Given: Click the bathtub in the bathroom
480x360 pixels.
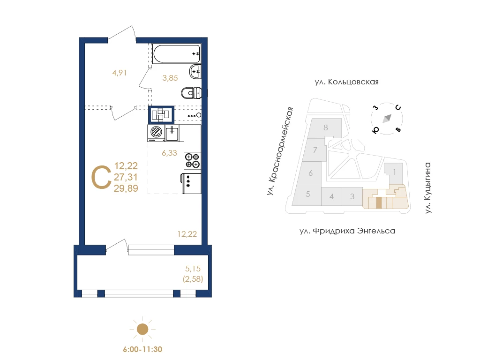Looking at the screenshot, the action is (x=177, y=54).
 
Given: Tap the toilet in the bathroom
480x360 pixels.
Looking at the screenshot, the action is (x=191, y=93).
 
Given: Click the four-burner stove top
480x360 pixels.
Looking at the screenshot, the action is (x=193, y=161).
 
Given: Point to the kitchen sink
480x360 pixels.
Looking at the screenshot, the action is (x=172, y=133).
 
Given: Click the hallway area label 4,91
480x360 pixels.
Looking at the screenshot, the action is (x=120, y=73).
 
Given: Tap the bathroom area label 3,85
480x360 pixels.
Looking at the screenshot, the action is (x=170, y=78).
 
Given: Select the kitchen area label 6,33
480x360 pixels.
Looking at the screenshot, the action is (x=169, y=153).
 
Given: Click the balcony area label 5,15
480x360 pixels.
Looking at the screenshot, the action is (x=193, y=269).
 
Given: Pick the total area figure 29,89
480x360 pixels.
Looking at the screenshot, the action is (x=126, y=188).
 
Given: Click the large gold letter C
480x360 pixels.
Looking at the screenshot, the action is (x=101, y=178).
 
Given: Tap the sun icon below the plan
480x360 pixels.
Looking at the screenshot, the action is (x=142, y=330).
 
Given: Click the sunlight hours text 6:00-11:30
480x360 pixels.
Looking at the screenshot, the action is (x=142, y=349).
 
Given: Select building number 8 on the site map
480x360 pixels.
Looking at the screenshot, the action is (x=326, y=127).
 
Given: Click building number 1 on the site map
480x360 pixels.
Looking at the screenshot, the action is (x=394, y=172).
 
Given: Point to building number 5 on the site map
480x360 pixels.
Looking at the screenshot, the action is (x=308, y=194).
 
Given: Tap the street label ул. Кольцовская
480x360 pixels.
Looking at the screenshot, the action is (x=346, y=82).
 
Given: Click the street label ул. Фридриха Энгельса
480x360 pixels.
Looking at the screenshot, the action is (x=347, y=231).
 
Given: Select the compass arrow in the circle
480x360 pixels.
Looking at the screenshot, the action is (x=387, y=118).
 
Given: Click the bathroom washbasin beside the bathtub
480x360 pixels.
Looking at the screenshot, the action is (x=195, y=72).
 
